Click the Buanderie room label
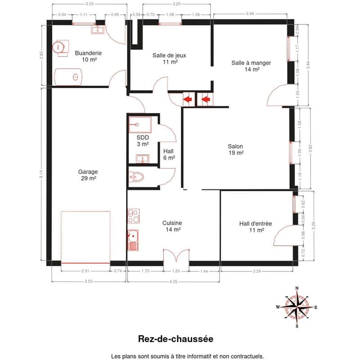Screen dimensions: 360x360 [88, 56]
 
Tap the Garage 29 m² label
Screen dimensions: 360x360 [88, 175]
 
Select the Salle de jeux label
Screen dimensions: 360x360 [170, 58]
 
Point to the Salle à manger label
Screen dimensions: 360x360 [251, 66]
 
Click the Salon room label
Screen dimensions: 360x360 [235, 149]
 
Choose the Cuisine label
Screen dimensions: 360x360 [172, 226]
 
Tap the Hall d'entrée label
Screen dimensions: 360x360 [256, 227]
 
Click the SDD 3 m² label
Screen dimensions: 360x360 [143, 141]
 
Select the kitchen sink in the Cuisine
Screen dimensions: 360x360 [133, 240]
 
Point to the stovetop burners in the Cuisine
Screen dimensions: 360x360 [134, 216]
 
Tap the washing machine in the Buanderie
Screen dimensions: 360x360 [61, 48]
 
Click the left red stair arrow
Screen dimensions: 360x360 [188, 99]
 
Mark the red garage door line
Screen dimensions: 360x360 [85, 263]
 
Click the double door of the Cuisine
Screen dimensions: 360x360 [176, 255]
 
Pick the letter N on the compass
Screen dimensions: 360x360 [297, 288]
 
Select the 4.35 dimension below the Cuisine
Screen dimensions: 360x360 [173, 282]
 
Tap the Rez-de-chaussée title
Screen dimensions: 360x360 [175, 339]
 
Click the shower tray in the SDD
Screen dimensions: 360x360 [140, 125]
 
